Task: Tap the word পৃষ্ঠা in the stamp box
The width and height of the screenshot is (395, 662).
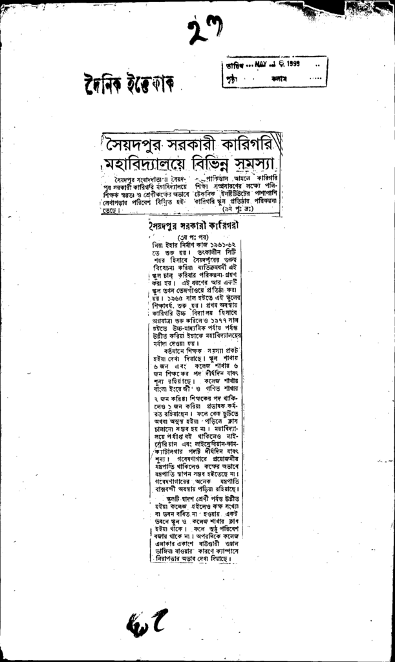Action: (233, 80)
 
